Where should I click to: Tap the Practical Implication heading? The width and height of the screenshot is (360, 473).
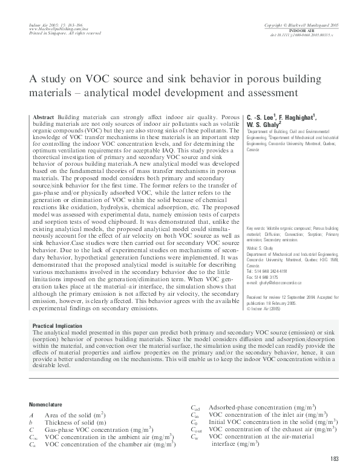click(x=56, y=326)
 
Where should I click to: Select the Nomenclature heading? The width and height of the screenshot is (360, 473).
click(x=45, y=403)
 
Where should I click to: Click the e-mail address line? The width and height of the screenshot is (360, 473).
click(x=269, y=282)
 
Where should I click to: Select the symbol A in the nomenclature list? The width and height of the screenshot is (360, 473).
click(x=31, y=415)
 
